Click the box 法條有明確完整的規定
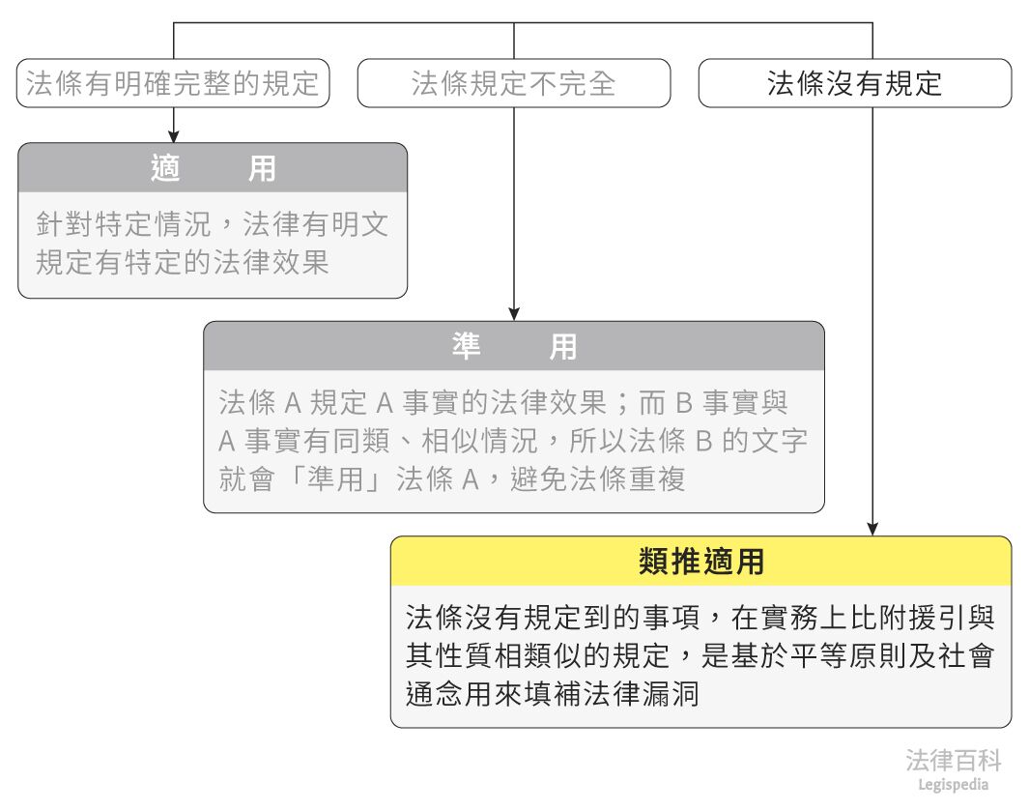tap(173, 83)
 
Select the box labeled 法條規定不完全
tap(513, 83)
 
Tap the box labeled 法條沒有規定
tap(854, 83)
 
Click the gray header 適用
tap(213, 168)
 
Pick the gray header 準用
tap(513, 346)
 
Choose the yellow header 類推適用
tap(700, 562)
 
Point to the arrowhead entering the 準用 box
tap(513, 314)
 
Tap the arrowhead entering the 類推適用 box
tap(872, 529)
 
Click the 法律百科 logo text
tap(953, 760)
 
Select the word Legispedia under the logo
tap(953, 785)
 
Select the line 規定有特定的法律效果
tap(183, 263)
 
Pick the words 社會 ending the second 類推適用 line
tap(970, 656)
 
